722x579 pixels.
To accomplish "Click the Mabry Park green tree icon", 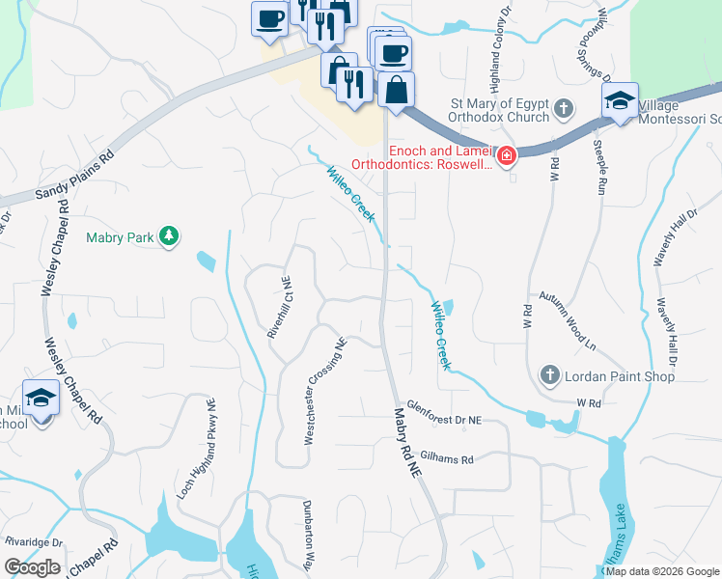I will click(x=169, y=237).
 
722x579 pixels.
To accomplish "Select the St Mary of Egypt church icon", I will click(x=566, y=111).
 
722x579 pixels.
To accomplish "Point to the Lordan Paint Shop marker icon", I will click(x=549, y=375).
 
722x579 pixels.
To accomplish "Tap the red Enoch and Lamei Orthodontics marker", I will click(x=505, y=154).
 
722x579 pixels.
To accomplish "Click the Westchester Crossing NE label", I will click(x=324, y=391).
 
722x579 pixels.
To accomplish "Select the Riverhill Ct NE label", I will click(x=279, y=307).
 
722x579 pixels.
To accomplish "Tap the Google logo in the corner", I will click(x=32, y=567).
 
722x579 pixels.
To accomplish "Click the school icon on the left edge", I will click(x=41, y=398).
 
